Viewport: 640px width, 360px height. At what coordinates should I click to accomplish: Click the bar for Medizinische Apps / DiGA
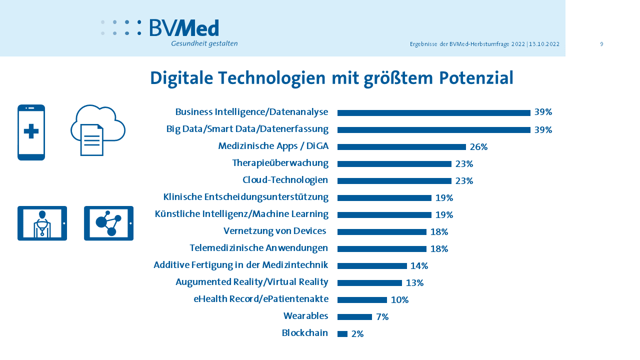click(x=401, y=147)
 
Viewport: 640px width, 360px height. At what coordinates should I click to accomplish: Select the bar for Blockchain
click(x=342, y=334)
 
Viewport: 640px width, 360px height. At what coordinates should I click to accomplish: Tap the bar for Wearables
click(x=354, y=317)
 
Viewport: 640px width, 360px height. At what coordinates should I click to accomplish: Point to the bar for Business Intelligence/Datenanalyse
click(x=433, y=113)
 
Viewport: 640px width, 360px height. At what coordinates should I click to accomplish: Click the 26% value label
click(x=478, y=147)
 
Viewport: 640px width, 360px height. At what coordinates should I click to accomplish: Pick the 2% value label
click(x=357, y=334)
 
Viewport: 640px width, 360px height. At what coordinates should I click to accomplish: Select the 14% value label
click(x=419, y=266)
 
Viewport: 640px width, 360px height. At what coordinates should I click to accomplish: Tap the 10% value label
click(x=399, y=300)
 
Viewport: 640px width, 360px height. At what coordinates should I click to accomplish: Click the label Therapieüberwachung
click(x=280, y=163)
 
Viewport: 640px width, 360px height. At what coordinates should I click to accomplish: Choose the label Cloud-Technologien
click(x=285, y=180)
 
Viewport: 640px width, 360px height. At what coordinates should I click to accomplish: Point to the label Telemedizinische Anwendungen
click(x=258, y=248)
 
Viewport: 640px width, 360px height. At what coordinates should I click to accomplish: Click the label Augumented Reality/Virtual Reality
click(x=251, y=282)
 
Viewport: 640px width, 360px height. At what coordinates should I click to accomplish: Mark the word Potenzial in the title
click(x=476, y=78)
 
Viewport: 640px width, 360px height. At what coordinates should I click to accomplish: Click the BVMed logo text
click(x=184, y=28)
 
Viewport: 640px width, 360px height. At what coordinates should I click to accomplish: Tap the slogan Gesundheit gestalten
click(x=204, y=43)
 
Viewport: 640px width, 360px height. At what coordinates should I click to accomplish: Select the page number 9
click(x=601, y=44)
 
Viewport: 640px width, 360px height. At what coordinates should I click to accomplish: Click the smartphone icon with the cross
click(x=31, y=132)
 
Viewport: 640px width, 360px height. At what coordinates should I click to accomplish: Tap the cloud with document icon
click(x=97, y=130)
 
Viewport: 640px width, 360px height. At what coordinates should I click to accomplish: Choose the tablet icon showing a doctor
click(x=42, y=223)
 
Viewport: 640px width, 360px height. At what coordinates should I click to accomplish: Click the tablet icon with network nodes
click(x=108, y=223)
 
